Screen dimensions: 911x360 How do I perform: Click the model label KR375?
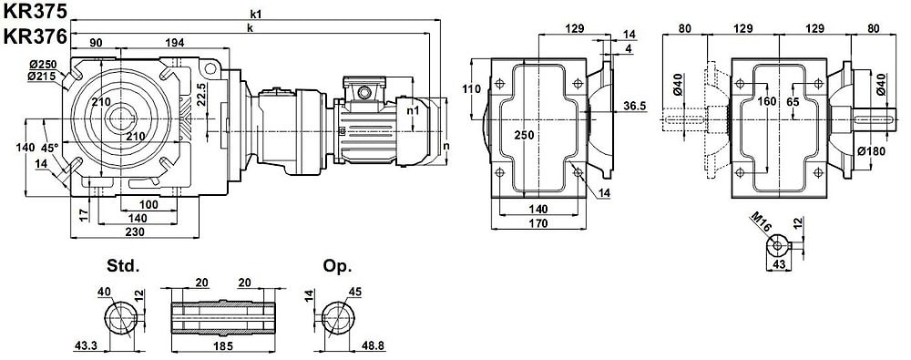point(35,11)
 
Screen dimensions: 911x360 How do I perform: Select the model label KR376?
point(35,36)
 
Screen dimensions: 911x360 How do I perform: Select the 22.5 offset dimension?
point(201,94)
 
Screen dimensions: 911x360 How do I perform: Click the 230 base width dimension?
point(134,231)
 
